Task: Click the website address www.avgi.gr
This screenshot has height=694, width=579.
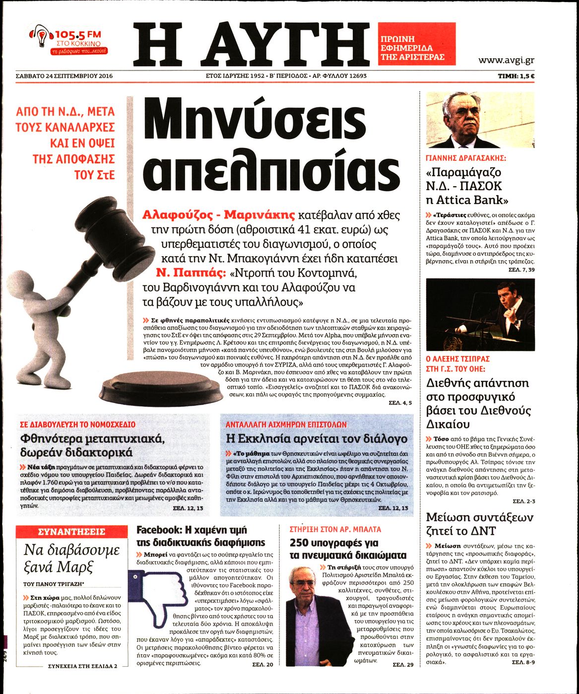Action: pos(506,61)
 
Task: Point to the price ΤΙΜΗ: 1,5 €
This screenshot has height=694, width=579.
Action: pos(519,76)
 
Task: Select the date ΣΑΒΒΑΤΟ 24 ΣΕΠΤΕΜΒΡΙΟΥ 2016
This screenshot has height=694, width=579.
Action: pos(64,76)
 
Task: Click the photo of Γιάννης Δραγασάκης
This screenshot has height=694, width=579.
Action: pos(480,120)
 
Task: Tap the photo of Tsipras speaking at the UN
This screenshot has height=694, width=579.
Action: pos(480,314)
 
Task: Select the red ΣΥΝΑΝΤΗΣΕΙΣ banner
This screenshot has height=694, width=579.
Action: pos(71,532)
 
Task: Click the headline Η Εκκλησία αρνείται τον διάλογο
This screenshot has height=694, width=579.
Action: pos(316,439)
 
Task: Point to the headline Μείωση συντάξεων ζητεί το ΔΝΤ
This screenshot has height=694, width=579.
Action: pos(479,524)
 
